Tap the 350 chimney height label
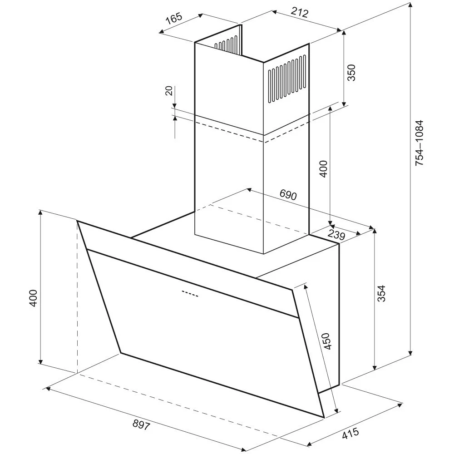click(351, 73)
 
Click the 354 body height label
click(381, 294)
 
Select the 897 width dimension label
click(141, 425)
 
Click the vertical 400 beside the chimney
click(324, 169)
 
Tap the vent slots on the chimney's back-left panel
click(226, 44)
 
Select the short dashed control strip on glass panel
click(190, 293)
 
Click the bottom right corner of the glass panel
click(324, 417)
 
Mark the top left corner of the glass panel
click(77, 221)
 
